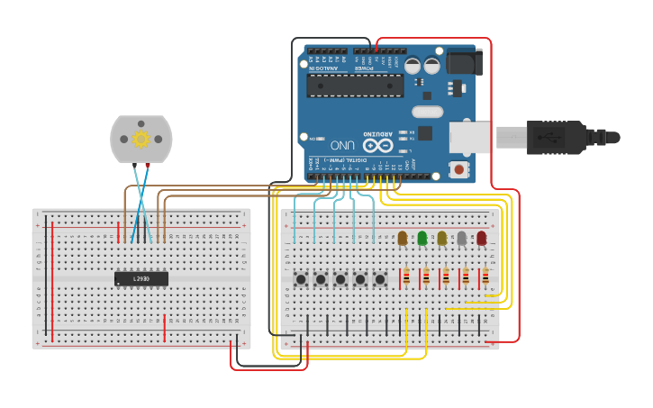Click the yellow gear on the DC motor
point(141,139)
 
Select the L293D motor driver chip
point(141,279)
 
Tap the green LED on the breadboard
point(422,238)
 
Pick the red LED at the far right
point(481,238)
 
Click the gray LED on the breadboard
point(461,238)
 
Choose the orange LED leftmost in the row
point(402,238)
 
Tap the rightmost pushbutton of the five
point(380,279)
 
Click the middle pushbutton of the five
point(340,279)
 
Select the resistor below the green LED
point(425,277)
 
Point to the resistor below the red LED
point(485,277)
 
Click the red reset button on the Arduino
point(459,168)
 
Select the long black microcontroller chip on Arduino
point(355,86)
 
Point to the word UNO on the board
point(342,144)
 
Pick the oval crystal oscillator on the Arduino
point(427,113)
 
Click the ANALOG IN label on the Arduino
point(324,68)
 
